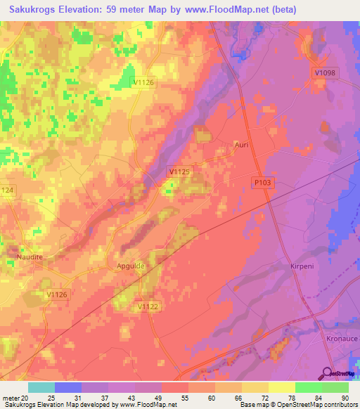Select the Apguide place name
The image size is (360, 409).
pos(130,267)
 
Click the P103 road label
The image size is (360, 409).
pos(262,182)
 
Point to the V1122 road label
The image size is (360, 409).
pos(148,306)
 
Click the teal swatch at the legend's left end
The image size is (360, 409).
pos(41,387)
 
